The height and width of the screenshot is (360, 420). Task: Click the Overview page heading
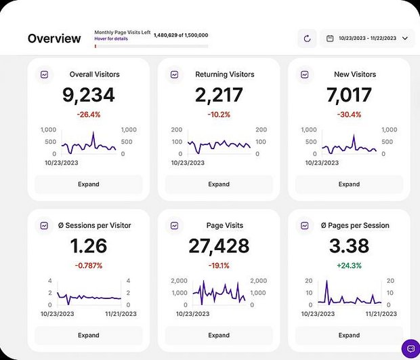pos(54,39)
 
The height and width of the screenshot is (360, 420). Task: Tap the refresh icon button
pos(307,39)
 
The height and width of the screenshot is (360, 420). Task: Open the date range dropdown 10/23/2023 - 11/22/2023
pos(366,39)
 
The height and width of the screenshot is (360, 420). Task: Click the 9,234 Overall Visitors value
pos(89,95)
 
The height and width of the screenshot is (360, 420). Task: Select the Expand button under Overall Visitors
pos(89,184)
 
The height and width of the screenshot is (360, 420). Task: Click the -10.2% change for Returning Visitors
pos(219,115)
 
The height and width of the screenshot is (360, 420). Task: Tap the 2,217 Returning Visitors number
pos(219,95)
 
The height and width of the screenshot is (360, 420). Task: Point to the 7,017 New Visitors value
pos(349,95)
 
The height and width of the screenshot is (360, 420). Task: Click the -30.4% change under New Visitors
pos(349,115)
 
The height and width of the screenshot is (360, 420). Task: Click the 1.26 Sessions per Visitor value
pos(89,246)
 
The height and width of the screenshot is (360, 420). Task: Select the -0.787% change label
pos(89,266)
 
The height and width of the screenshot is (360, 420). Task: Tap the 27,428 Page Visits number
pos(219,246)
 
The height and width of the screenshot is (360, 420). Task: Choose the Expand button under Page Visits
pos(219,335)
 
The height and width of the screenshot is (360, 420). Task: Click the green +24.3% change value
pos(349,266)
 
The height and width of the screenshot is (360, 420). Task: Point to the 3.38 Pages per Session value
pos(349,246)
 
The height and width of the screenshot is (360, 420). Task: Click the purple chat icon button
pos(408,348)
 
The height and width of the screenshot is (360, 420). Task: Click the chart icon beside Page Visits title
pos(174,226)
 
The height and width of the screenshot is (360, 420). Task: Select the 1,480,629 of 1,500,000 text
pos(181,35)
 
